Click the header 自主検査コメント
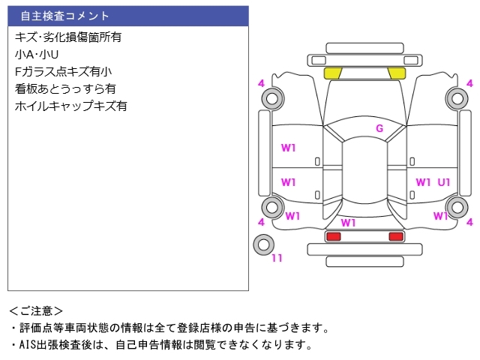point(64,16)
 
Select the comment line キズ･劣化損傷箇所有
point(68,36)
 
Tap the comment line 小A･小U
point(37,54)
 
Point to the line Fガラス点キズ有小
point(63,71)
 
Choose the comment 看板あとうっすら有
point(65,88)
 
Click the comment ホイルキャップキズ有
point(70,106)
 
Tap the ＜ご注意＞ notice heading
point(36,310)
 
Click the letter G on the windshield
point(379,128)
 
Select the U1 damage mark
point(444,182)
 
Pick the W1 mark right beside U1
point(424,182)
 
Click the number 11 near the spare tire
point(277,259)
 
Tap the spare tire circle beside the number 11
point(264,244)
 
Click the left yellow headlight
point(332,73)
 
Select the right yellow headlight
point(396,73)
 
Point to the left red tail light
point(332,236)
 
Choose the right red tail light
point(395,236)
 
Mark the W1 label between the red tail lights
point(348,223)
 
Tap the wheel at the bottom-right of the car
point(456,208)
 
